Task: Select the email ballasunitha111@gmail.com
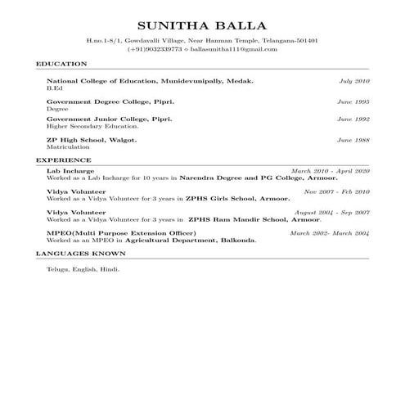237,50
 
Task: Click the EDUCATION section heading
61,63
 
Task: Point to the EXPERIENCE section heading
63,160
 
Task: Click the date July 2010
354,82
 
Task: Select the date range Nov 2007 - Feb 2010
336,191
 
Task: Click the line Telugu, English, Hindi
83,268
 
